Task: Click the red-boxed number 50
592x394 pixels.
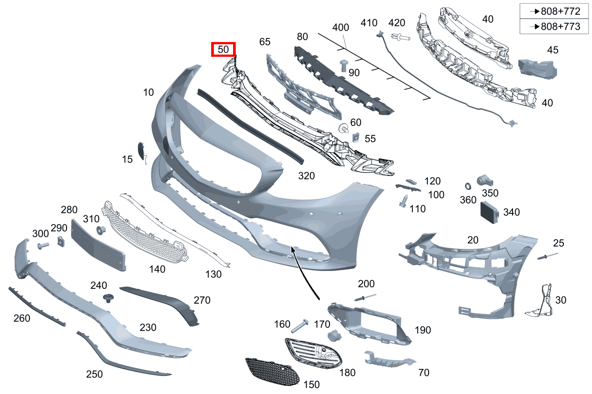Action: [223, 49]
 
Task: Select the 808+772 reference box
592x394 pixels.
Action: [554, 11]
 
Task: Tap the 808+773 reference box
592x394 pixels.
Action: [554, 26]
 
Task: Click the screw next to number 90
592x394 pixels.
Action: [343, 66]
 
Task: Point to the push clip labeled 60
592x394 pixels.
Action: [343, 128]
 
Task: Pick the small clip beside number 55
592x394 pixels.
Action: [356, 137]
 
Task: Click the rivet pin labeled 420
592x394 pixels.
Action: [400, 37]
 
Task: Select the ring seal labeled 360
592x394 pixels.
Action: [468, 186]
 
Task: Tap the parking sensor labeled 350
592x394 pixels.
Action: [485, 181]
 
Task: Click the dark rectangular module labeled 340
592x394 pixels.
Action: [489, 212]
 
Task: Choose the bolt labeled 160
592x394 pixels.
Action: [300, 326]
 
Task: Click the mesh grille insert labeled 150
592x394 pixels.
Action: [272, 372]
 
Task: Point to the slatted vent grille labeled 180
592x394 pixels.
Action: [313, 353]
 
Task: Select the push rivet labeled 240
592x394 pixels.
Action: [108, 298]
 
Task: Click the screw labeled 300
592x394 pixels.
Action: [43, 246]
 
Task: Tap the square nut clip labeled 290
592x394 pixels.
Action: [61, 241]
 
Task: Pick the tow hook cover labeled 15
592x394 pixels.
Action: [142, 152]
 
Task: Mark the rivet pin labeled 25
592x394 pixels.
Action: [547, 256]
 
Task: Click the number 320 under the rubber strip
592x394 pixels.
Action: [306, 176]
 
